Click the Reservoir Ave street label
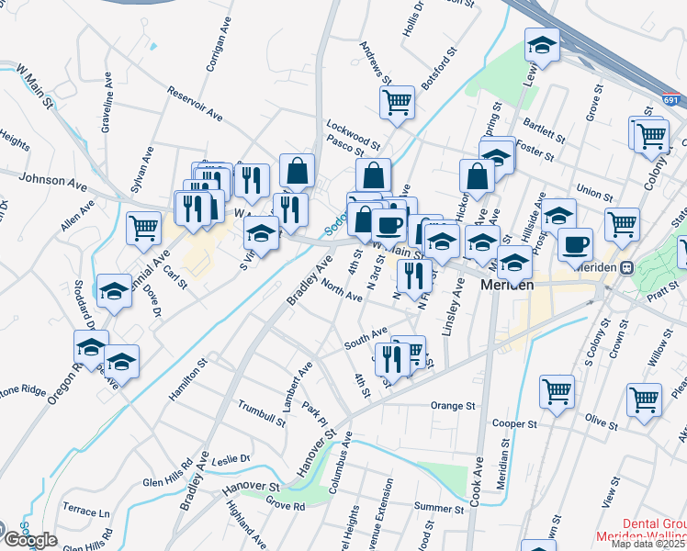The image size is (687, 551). click(196, 104)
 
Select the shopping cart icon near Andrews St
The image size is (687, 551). click(397, 103)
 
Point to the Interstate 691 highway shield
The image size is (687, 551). click(671, 100)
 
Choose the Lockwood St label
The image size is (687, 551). click(353, 135)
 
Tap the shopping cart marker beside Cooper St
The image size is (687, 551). click(557, 391)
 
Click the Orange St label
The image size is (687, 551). click(453, 405)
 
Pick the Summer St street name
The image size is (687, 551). click(439, 508)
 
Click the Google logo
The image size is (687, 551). click(30, 540)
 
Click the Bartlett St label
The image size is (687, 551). click(542, 129)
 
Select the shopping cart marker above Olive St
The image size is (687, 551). click(644, 399)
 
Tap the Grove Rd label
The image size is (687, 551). click(285, 504)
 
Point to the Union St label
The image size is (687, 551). click(594, 194)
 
